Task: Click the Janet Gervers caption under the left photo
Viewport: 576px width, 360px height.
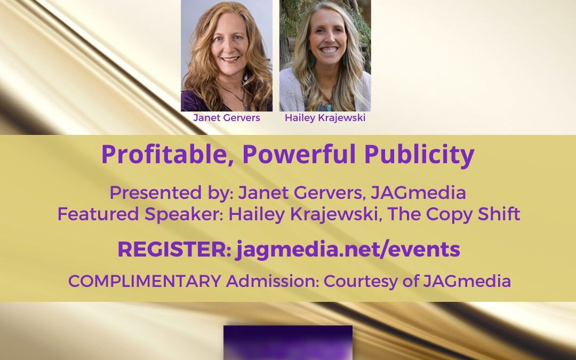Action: point(226,117)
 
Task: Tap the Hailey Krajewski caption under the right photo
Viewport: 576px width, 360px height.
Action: point(325,118)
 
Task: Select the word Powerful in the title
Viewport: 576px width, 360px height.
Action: point(299,154)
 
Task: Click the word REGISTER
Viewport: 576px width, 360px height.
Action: point(174,250)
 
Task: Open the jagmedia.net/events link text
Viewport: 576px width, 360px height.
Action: point(348,250)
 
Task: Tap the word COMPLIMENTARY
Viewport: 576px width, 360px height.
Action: point(145,282)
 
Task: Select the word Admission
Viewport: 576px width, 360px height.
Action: point(273,281)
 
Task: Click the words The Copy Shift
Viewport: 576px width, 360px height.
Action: point(454,214)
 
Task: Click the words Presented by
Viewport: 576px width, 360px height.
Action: point(171,193)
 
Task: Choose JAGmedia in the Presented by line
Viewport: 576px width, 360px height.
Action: point(418,193)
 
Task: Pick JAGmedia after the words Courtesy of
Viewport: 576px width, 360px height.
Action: point(467,282)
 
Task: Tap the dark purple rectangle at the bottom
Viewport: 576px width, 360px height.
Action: point(288,342)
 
